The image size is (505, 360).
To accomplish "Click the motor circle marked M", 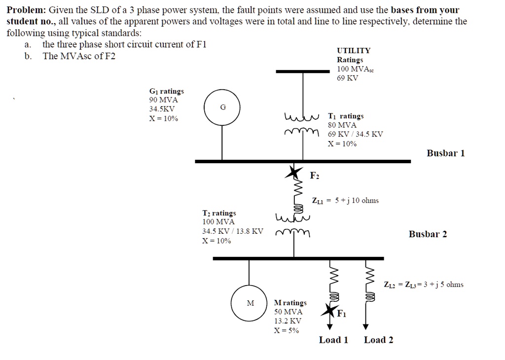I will [251, 303].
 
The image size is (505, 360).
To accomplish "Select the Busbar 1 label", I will [445, 153].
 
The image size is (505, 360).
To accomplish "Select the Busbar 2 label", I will [428, 234].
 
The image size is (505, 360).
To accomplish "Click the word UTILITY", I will [354, 50].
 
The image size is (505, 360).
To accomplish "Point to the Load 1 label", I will [333, 340].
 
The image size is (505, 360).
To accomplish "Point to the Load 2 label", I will [378, 340].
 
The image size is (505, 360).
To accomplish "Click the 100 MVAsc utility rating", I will [356, 69].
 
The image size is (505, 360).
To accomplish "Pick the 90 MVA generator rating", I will [164, 100].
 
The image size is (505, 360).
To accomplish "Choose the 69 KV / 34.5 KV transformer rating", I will [355, 134].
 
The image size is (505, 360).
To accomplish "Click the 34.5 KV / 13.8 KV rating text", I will [233, 231].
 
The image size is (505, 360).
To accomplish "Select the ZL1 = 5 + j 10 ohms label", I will [345, 200].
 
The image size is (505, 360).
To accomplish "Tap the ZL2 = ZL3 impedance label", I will [423, 285].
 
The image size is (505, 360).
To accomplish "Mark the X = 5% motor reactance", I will [287, 330].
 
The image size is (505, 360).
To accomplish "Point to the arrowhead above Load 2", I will [365, 326].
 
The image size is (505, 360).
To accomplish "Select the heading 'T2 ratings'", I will [219, 213].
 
